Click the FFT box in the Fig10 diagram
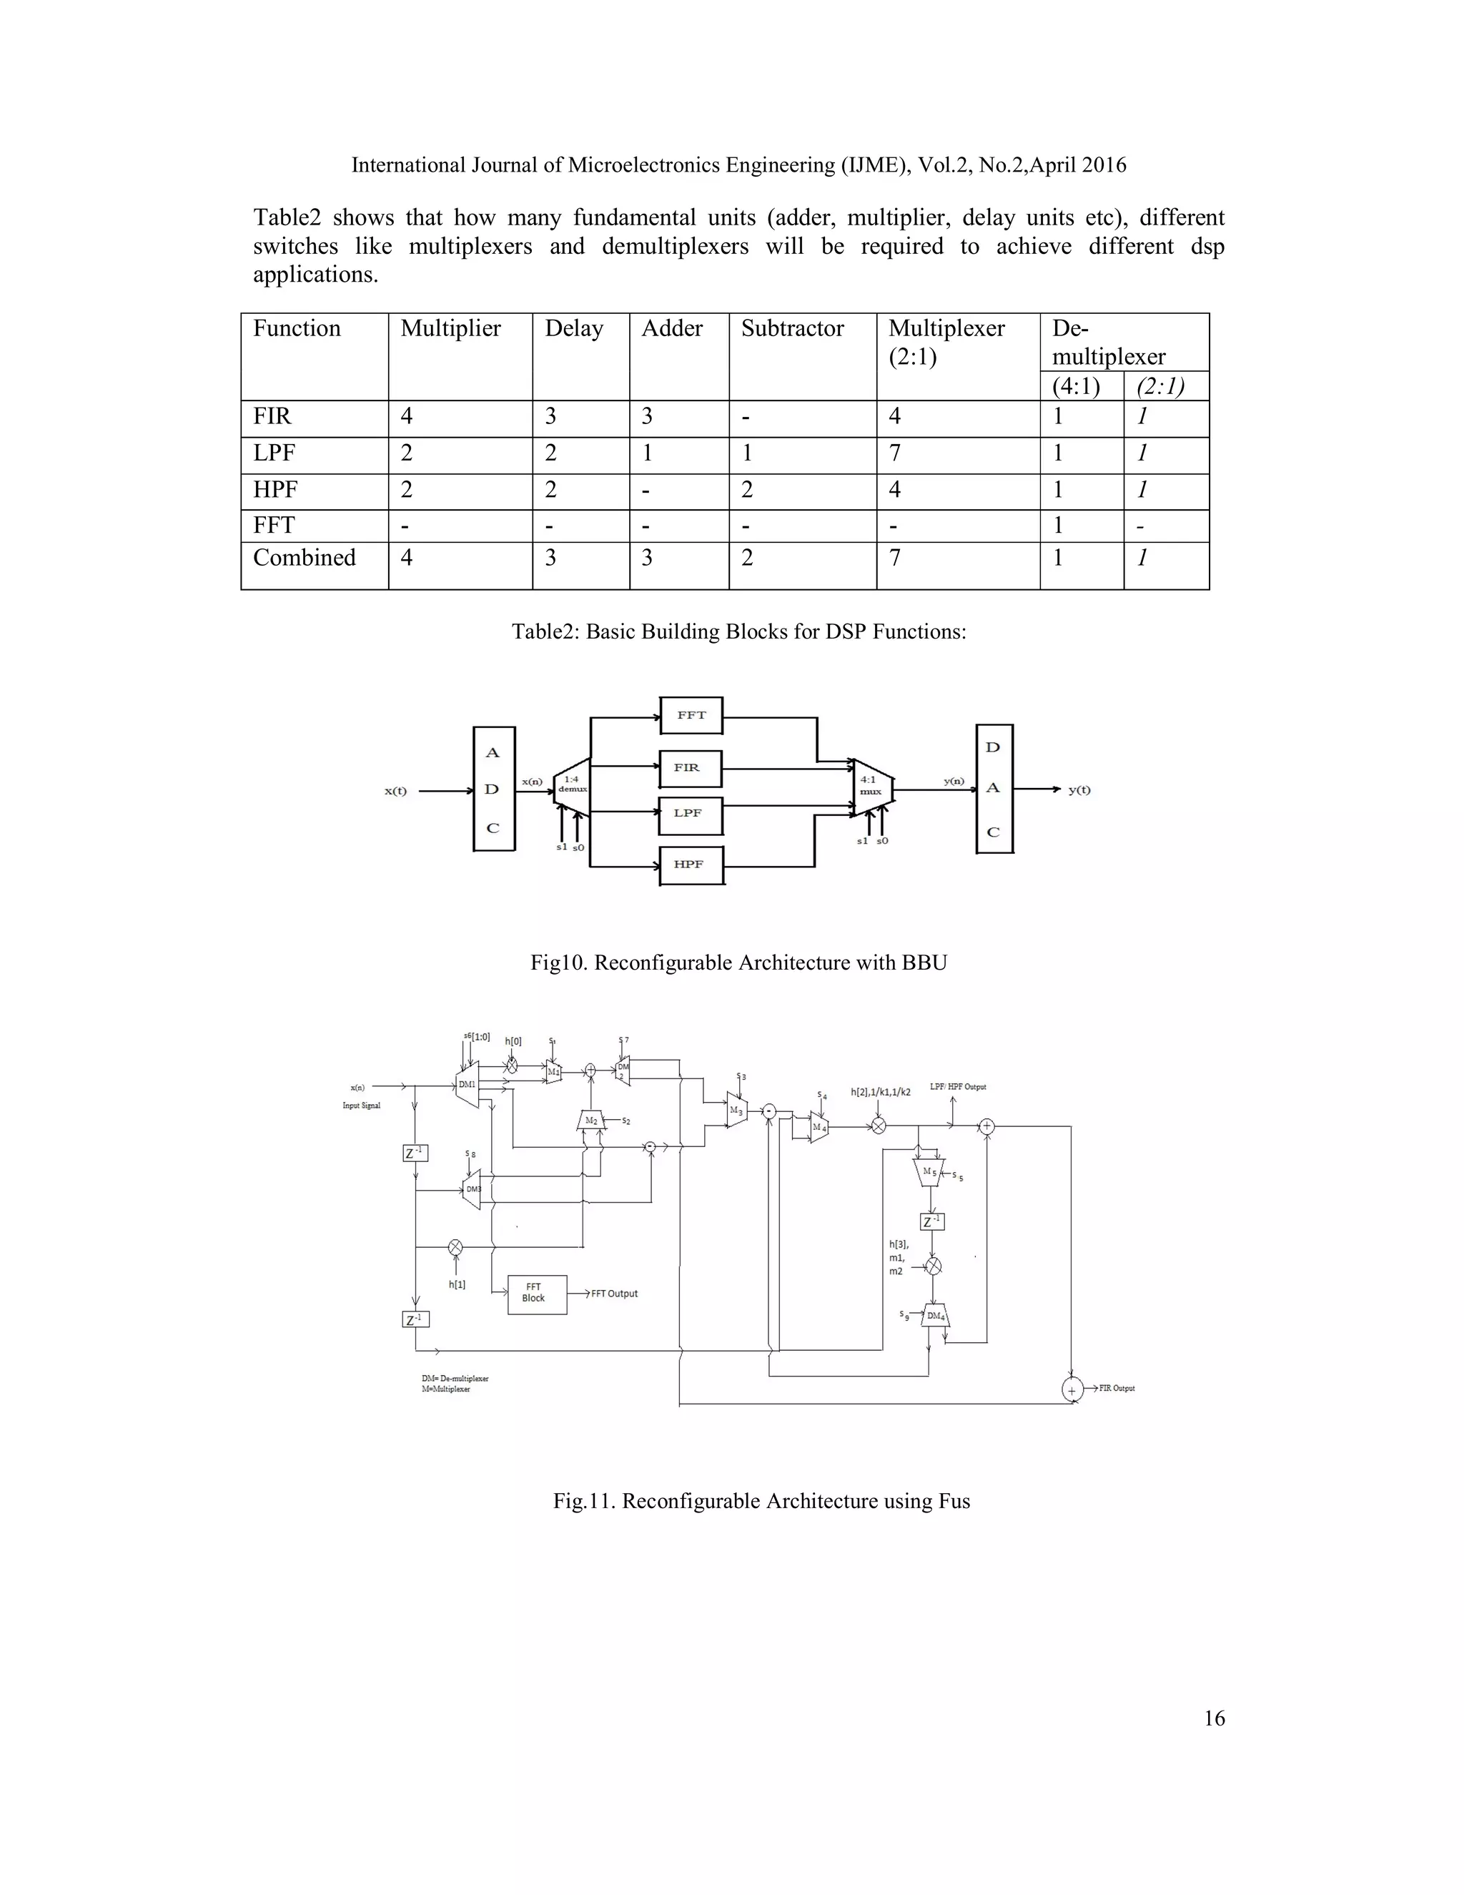coord(691,716)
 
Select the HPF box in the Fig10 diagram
coord(691,865)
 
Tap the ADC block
coord(493,789)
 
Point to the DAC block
coord(994,789)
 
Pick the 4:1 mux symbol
coord(871,786)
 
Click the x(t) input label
coord(395,792)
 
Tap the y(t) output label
coord(1079,789)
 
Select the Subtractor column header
coord(792,329)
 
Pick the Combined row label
coord(305,558)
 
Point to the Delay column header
coord(573,329)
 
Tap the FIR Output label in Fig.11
coord(1116,1388)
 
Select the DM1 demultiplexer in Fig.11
coord(467,1085)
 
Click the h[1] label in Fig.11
coord(457,1285)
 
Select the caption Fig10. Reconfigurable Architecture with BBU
coord(738,963)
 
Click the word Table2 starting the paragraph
coord(286,218)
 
